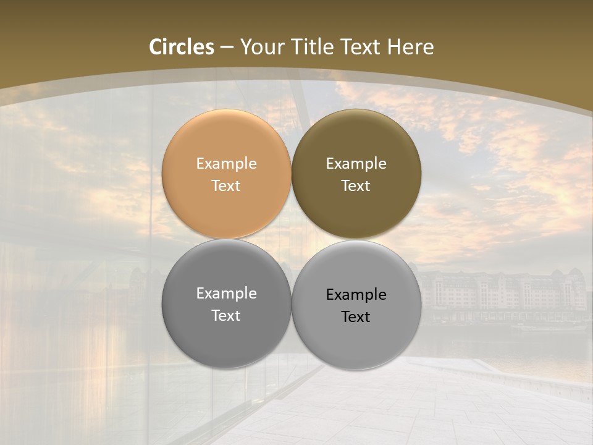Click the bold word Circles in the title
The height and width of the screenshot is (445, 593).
[182, 47]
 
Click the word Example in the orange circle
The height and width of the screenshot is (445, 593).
[226, 164]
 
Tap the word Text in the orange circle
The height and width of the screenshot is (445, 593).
[226, 186]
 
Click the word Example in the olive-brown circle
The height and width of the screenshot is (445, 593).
[356, 164]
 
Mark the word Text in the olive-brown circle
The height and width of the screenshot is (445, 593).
[356, 186]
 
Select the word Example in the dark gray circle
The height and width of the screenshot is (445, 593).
[226, 294]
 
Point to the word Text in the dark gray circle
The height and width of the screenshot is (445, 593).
[226, 316]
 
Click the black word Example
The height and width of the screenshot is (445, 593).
[356, 295]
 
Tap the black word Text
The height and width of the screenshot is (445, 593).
[356, 317]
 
